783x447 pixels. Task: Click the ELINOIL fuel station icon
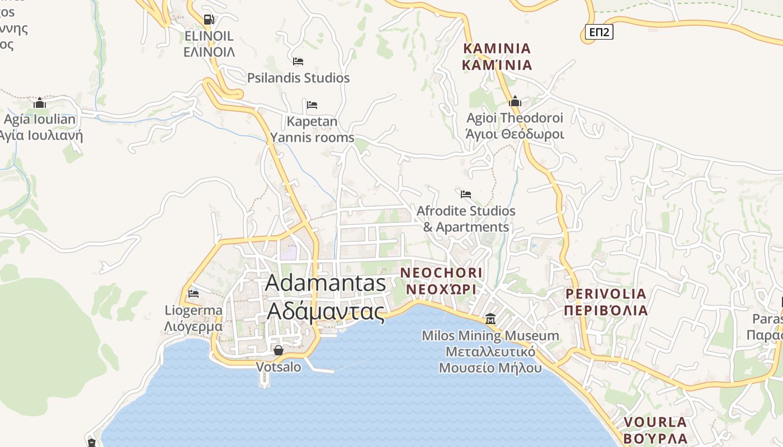click(209, 20)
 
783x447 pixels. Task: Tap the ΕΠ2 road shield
click(599, 32)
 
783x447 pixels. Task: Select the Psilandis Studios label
click(298, 78)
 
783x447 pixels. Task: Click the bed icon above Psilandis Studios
click(298, 61)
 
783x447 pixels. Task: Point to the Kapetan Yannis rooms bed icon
click(312, 104)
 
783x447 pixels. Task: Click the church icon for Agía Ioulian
click(39, 103)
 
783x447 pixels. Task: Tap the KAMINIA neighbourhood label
click(497, 48)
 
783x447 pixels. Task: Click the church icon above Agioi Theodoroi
click(515, 102)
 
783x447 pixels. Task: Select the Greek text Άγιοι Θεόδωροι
click(515, 134)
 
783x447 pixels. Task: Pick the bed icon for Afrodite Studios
click(466, 194)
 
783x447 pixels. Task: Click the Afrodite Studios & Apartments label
click(466, 219)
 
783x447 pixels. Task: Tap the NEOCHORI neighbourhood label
click(441, 273)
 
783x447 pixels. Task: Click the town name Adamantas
click(326, 283)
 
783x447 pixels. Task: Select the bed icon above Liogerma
click(194, 293)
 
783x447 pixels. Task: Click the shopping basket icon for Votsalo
click(278, 350)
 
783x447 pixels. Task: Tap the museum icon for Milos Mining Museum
click(490, 319)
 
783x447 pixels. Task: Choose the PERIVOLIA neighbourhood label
click(606, 294)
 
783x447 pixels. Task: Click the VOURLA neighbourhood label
click(655, 422)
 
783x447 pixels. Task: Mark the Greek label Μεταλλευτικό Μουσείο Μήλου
click(490, 360)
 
